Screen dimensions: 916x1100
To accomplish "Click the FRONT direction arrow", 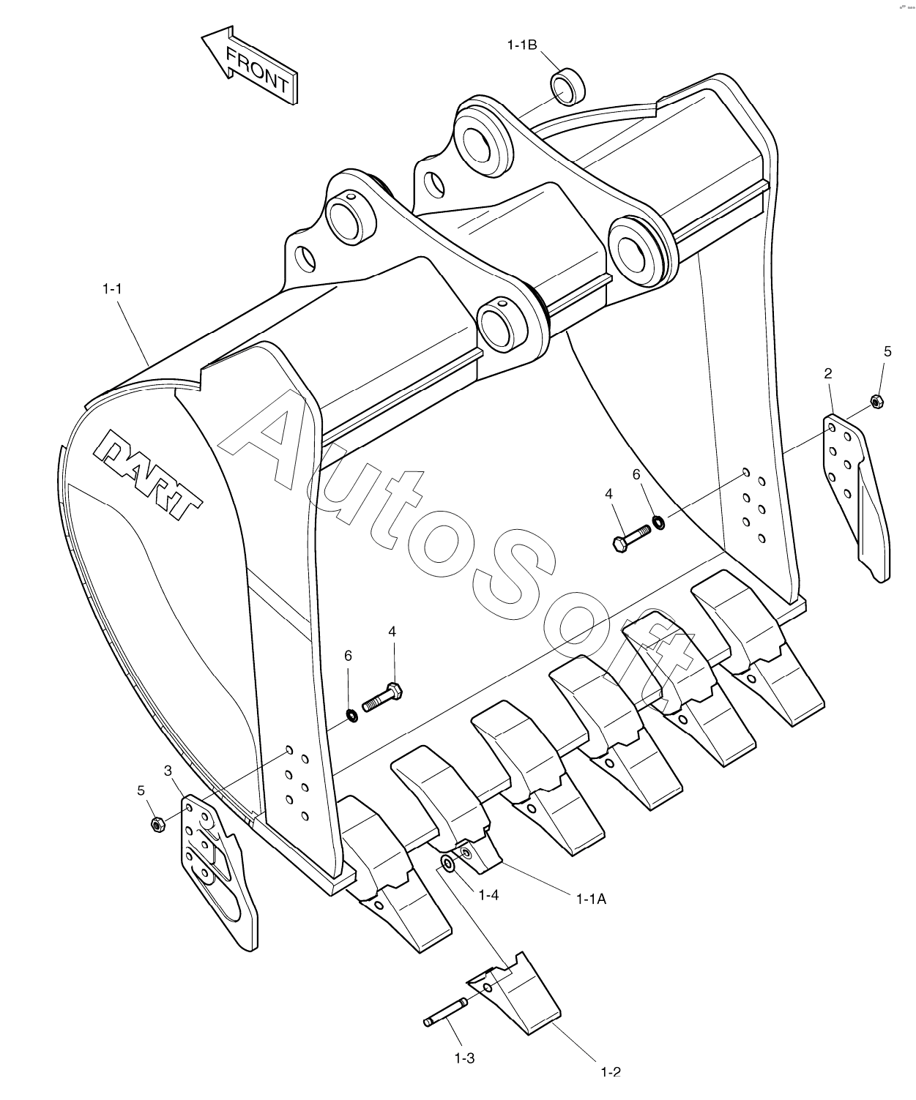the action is pos(249,67).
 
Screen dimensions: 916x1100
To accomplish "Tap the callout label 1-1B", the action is pos(522,45).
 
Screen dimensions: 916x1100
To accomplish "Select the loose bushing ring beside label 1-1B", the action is pos(568,86).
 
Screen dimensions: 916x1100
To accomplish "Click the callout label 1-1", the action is pos(112,288).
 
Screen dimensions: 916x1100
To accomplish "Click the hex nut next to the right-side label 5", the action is pos(876,402).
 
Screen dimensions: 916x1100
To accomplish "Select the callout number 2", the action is pos(827,373).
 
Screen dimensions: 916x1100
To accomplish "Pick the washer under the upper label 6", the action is pos(658,522).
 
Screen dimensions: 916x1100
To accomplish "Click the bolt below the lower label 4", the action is pos(382,698).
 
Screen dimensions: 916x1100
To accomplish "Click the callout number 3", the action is pos(168,771).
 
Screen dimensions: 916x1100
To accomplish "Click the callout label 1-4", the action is pos(488,894).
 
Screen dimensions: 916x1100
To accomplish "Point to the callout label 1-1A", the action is pos(591,899).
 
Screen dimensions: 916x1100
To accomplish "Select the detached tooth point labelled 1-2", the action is pos(514,984).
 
